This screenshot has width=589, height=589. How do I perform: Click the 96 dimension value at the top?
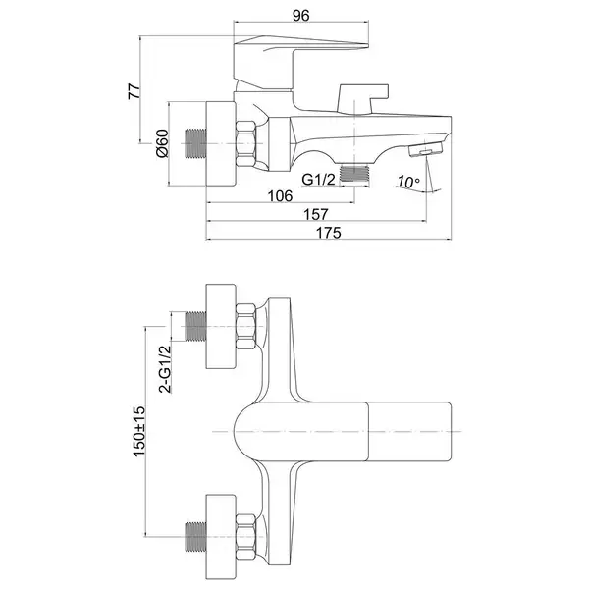click(x=301, y=16)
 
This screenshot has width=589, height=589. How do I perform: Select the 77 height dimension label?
click(x=134, y=91)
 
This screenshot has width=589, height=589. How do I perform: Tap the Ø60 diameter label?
click(x=162, y=143)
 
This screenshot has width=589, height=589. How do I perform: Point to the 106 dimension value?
click(x=280, y=195)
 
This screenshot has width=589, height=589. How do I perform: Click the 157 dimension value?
click(x=315, y=214)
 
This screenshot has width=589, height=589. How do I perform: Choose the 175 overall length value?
click(x=328, y=233)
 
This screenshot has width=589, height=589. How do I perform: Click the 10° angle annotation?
click(x=408, y=182)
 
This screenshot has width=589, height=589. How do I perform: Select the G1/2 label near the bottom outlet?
click(x=318, y=180)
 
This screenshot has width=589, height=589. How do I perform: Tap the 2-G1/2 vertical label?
click(x=165, y=369)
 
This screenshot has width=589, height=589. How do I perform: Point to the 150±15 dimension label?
click(x=139, y=431)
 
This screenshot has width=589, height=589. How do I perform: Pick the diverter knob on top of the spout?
click(x=363, y=99)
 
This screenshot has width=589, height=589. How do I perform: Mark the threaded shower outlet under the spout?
click(x=354, y=174)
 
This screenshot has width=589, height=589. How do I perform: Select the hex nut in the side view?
click(x=246, y=144)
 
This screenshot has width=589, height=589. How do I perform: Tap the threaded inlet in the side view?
click(x=196, y=143)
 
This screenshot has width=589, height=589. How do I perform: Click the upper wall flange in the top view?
click(x=221, y=326)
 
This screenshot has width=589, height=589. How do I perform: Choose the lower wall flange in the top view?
click(x=221, y=537)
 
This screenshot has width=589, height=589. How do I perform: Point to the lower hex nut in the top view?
click(x=246, y=537)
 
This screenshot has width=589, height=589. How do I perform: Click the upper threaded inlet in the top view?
click(x=196, y=326)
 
